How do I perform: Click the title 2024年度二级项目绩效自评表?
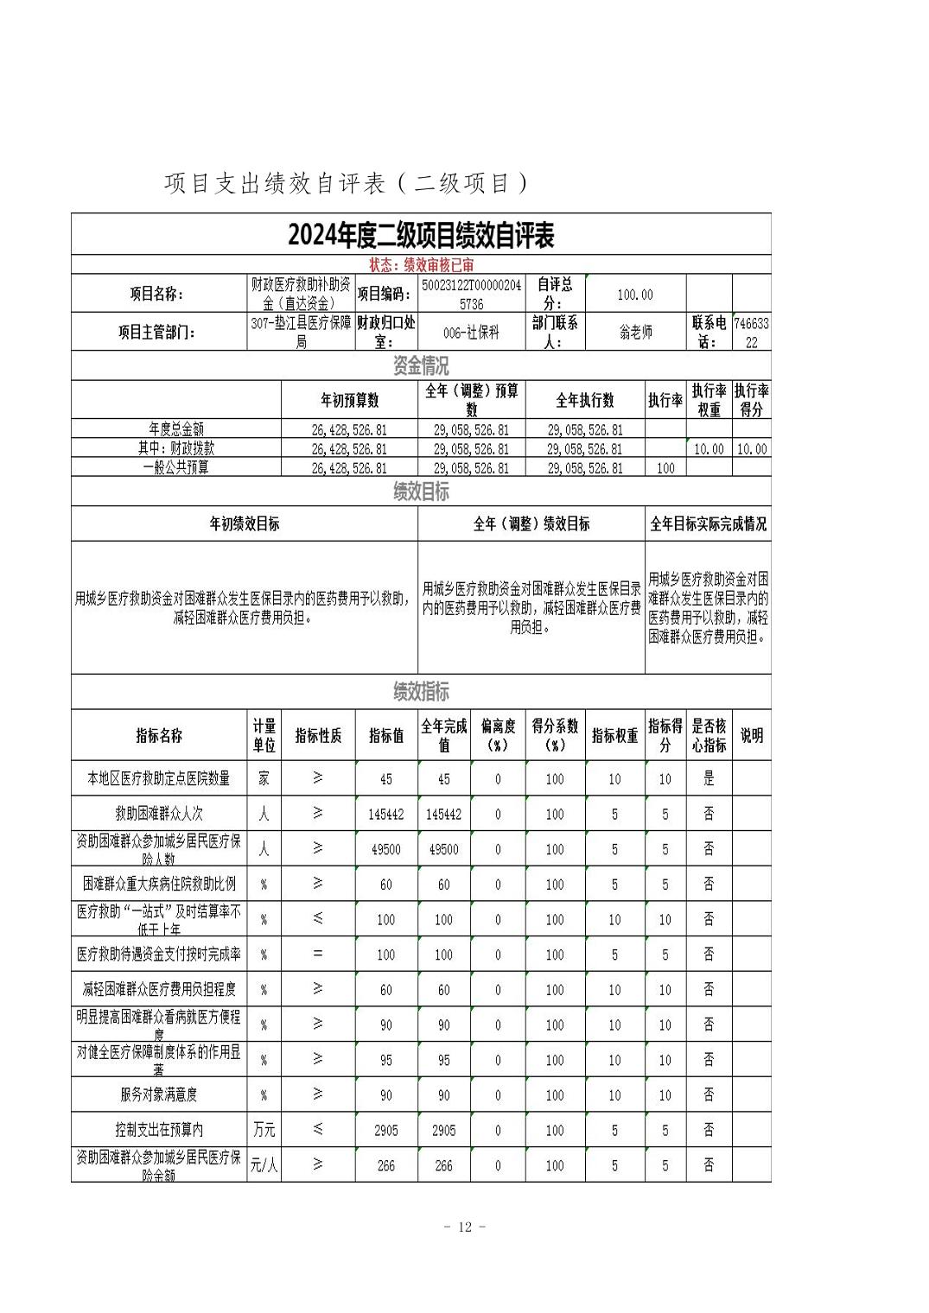click(x=420, y=235)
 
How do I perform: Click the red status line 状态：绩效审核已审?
click(x=420, y=265)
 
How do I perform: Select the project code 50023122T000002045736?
click(x=472, y=294)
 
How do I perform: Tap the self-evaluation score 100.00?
click(x=635, y=295)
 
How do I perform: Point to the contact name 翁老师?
click(x=635, y=332)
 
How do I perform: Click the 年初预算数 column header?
click(x=349, y=400)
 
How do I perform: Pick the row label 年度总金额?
click(x=176, y=429)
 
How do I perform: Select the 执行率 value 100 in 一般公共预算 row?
click(x=665, y=468)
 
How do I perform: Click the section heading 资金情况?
click(x=420, y=365)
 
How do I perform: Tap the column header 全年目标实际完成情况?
click(x=708, y=524)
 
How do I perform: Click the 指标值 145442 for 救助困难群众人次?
click(x=385, y=814)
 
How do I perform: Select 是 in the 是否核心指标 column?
click(x=709, y=778)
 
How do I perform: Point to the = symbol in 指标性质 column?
click(x=317, y=955)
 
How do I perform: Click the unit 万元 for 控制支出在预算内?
click(x=264, y=1130)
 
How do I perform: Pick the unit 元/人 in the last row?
click(x=264, y=1165)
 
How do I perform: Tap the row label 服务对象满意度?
click(x=159, y=1094)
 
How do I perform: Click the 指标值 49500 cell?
click(x=385, y=849)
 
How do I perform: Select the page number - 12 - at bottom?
click(x=464, y=1227)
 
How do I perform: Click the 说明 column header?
click(x=751, y=736)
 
